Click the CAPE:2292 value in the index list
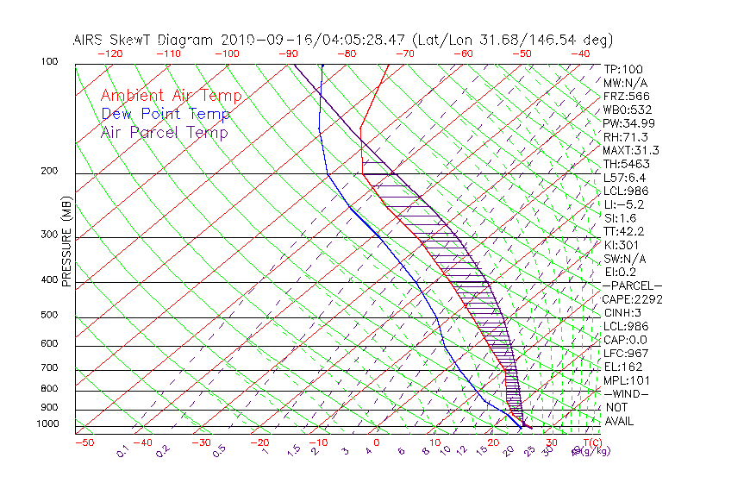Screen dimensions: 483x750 click(632, 299)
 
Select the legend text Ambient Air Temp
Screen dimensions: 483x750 click(171, 96)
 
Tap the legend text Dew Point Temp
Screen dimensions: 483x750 click(166, 114)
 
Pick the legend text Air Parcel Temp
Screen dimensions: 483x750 click(164, 132)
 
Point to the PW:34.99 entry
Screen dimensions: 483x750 click(627, 123)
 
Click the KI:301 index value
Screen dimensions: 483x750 click(621, 245)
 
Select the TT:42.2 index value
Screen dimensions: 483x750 click(623, 231)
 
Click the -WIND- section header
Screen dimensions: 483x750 click(626, 393)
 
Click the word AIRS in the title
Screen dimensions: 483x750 click(91, 40)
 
